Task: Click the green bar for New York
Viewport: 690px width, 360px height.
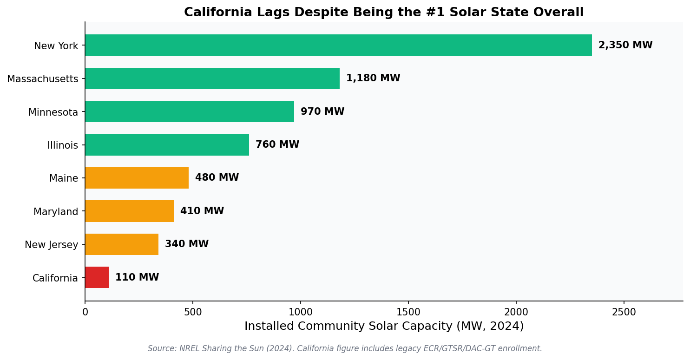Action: [x=338, y=45]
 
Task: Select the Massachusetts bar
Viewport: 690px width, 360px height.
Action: [x=212, y=79]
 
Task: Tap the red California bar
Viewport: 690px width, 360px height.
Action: [x=97, y=277]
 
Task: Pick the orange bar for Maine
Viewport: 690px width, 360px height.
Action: [x=137, y=178]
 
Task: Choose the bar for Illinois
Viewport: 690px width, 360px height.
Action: [x=167, y=145]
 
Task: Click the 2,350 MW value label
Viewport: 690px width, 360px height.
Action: [x=625, y=46]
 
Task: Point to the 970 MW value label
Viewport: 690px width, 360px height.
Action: [x=322, y=112]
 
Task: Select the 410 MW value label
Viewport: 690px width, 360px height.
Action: [x=202, y=211]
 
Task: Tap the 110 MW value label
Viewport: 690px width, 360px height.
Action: [x=137, y=278]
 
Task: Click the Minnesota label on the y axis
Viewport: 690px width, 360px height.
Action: [x=53, y=112]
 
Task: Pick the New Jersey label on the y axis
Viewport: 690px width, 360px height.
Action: [x=51, y=245]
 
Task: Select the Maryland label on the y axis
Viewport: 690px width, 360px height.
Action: [x=55, y=212]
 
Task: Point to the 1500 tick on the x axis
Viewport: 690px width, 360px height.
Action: [x=408, y=312]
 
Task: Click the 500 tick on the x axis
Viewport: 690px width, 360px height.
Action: [x=193, y=312]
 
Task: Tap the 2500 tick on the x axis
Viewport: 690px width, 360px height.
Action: [x=624, y=312]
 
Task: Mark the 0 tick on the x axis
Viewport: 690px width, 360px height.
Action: [x=85, y=312]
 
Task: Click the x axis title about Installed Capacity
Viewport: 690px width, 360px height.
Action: [x=384, y=327]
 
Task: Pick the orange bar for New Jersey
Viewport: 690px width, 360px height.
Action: [x=122, y=244]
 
